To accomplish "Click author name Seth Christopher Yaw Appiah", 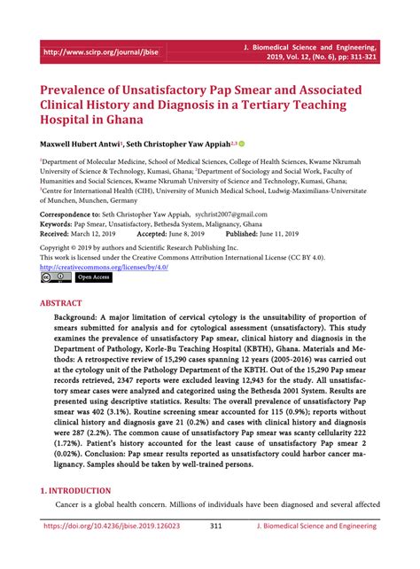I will pos(177,142).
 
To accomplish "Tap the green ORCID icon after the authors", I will pos(241,142).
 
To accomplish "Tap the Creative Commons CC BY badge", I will pos(54,277).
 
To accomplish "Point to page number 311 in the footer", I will pos(215,550).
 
